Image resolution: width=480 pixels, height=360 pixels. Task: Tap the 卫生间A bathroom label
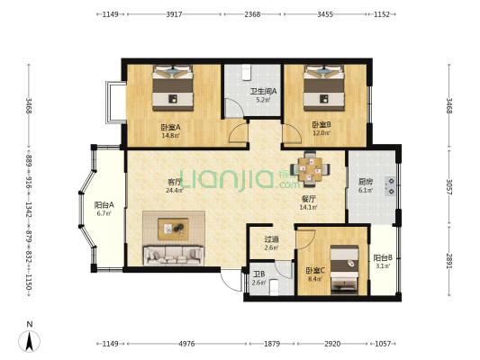coord(264,91)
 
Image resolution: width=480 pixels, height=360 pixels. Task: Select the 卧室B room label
coord(322,125)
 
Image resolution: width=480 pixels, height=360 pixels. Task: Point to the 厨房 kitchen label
coord(366,182)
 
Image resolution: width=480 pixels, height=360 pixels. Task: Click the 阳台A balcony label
coord(104,205)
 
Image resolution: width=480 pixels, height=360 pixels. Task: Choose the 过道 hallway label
coord(272,239)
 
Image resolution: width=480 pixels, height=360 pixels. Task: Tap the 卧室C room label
coord(315,271)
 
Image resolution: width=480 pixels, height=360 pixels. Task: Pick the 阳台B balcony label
coord(383,257)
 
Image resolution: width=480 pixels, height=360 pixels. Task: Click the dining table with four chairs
coord(310,169)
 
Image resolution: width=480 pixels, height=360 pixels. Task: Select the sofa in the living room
coord(174,256)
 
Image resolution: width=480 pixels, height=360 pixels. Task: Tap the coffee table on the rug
coord(173,229)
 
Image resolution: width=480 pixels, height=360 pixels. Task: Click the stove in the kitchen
coord(390,186)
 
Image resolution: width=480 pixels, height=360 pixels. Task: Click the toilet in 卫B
coord(275,288)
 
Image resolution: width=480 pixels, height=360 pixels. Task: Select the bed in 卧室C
coord(344,269)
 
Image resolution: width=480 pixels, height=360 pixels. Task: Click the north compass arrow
coord(30,341)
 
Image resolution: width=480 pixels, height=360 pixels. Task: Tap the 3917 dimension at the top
coord(174,14)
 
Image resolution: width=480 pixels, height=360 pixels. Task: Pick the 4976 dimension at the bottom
coord(186,344)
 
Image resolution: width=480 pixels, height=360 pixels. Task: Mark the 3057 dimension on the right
coord(448,186)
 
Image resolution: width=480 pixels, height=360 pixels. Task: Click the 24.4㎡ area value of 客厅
coord(175,190)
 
